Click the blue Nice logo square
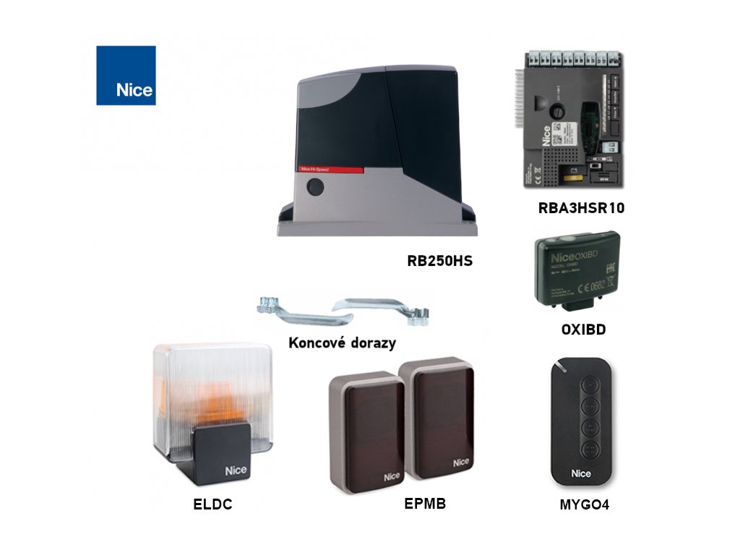[126, 75]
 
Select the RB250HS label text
[439, 261]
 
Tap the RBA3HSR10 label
[581, 209]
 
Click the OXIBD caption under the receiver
[583, 330]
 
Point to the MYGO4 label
[584, 505]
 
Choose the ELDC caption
[212, 505]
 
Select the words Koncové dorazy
[342, 342]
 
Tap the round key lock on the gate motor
[314, 186]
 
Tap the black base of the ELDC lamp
[221, 453]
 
